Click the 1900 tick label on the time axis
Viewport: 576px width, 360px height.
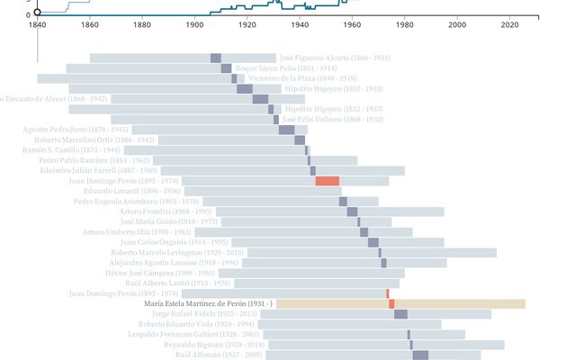[x=194, y=25]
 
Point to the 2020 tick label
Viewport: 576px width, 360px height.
[x=510, y=25]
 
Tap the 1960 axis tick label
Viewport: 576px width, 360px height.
[x=353, y=25]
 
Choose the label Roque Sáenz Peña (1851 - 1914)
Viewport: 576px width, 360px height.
[x=286, y=68]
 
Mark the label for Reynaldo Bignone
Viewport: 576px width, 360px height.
[x=214, y=345]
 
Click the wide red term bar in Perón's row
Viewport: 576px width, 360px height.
[x=327, y=181]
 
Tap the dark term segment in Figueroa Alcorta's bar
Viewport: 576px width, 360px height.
[x=216, y=58]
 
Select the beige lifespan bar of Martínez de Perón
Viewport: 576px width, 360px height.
[x=459, y=304]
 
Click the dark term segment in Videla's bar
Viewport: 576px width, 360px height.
[x=400, y=314]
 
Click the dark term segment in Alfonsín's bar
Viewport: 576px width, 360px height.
[x=419, y=355]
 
